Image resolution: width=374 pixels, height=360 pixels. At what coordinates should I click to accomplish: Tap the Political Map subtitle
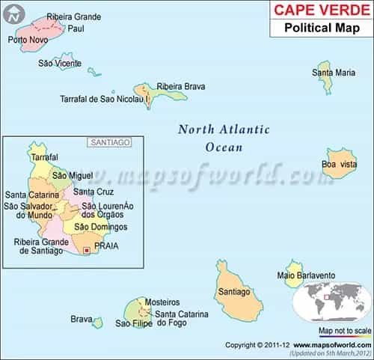click(x=322, y=29)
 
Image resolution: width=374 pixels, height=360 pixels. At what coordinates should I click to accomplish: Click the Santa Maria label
click(x=334, y=73)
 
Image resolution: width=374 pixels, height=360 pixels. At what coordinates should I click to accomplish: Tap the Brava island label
click(x=81, y=319)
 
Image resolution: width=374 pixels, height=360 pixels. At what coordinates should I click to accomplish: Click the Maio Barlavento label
click(x=306, y=275)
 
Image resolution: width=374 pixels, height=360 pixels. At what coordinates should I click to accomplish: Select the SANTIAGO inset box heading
click(x=109, y=141)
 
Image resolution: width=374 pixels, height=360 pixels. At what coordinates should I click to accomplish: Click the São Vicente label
click(x=61, y=63)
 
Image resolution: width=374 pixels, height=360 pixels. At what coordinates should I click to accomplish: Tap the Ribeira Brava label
click(x=180, y=86)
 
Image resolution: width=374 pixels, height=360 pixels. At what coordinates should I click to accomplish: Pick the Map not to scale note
click(x=345, y=330)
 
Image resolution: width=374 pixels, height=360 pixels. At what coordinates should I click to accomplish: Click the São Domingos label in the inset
click(x=101, y=227)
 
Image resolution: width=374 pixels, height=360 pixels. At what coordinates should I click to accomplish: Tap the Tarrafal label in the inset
click(x=44, y=157)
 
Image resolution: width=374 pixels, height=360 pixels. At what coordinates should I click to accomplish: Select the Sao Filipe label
click(x=133, y=323)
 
